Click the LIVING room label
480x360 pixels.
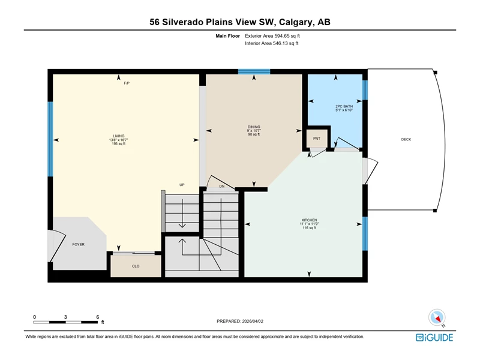pyautogui.click(x=118, y=136)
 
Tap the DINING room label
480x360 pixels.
pyautogui.click(x=254, y=127)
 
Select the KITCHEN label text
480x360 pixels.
pyautogui.click(x=309, y=220)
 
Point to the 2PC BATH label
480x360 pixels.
pyautogui.click(x=344, y=106)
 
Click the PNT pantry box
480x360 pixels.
pyautogui.click(x=317, y=139)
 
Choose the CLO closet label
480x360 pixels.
pyautogui.click(x=136, y=266)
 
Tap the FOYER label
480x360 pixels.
pyautogui.click(x=79, y=244)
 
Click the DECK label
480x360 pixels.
pyautogui.click(x=406, y=139)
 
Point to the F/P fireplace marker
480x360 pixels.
pyautogui.click(x=127, y=83)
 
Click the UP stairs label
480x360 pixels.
pyautogui.click(x=182, y=185)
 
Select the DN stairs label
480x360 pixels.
pyautogui.click(x=222, y=186)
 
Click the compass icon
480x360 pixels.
pyautogui.click(x=437, y=318)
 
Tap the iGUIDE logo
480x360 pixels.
pyautogui.click(x=434, y=337)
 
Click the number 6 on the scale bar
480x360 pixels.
pyautogui.click(x=98, y=317)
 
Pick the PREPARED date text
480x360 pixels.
pyautogui.click(x=240, y=321)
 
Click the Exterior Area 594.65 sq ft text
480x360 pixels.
pyautogui.click(x=272, y=36)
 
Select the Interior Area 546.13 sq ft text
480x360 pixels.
pyautogui.click(x=272, y=43)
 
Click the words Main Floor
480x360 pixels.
pyautogui.click(x=228, y=36)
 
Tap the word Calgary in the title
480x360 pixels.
pyautogui.click(x=296, y=22)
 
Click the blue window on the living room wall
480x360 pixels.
pyautogui.click(x=50, y=139)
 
